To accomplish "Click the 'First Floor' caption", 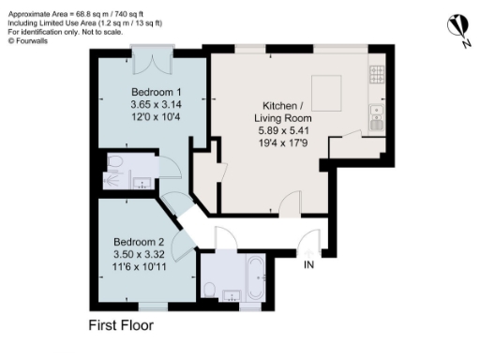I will pos(120,326).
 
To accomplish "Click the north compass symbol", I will pos(457,25).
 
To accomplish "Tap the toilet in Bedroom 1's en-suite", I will pos(113,161).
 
